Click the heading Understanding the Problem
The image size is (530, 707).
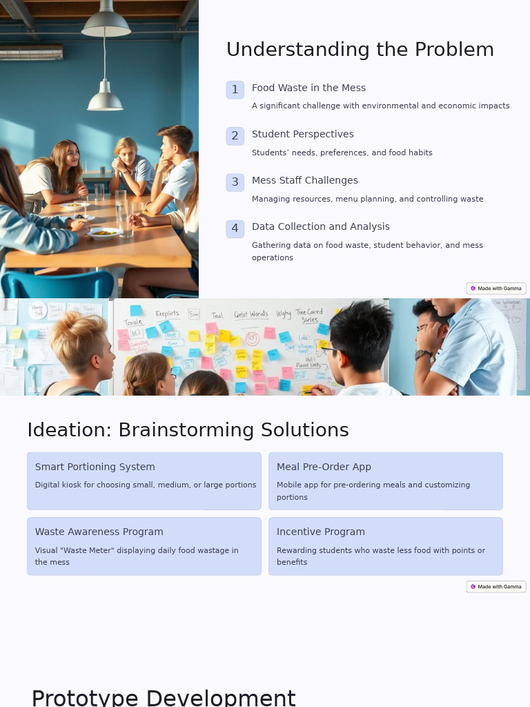click(x=360, y=50)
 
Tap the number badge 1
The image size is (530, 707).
click(x=235, y=90)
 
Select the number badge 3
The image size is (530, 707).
click(x=235, y=182)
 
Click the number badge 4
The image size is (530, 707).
click(x=235, y=229)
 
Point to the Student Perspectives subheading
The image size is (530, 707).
click(x=302, y=134)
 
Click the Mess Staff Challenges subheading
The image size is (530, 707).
click(x=304, y=180)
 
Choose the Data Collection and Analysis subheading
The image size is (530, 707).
click(x=320, y=226)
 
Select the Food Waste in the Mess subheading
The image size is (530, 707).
click(x=308, y=88)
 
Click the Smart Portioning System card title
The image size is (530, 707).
click(x=95, y=467)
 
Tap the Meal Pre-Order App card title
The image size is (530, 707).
click(x=324, y=467)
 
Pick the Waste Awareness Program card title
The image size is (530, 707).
click(x=99, y=532)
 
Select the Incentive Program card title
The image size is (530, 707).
click(x=320, y=532)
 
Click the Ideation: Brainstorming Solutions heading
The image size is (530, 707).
click(x=188, y=430)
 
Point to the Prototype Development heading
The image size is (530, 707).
click(x=163, y=698)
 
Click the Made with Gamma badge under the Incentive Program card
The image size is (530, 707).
click(x=496, y=587)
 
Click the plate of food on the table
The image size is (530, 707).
click(x=104, y=233)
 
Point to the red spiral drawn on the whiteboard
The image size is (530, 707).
click(x=252, y=338)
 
